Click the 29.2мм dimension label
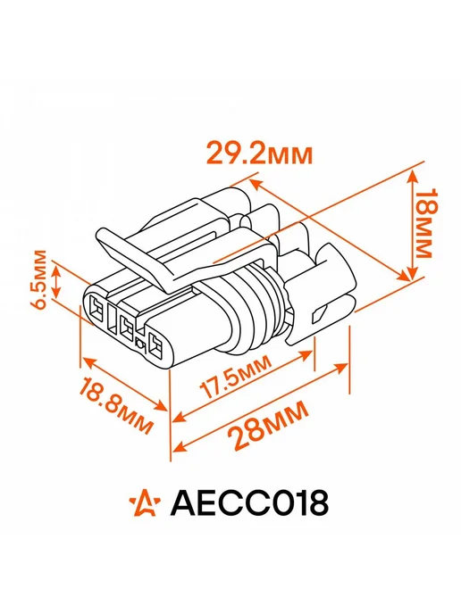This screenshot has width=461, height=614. coord(259,153)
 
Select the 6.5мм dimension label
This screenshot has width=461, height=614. coord(39,279)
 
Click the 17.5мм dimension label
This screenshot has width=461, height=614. coord(235,377)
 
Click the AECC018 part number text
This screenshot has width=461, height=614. coord(249,503)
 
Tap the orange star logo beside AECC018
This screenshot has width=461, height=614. coord(145,502)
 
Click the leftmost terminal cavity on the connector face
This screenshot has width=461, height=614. coord(96,309)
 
